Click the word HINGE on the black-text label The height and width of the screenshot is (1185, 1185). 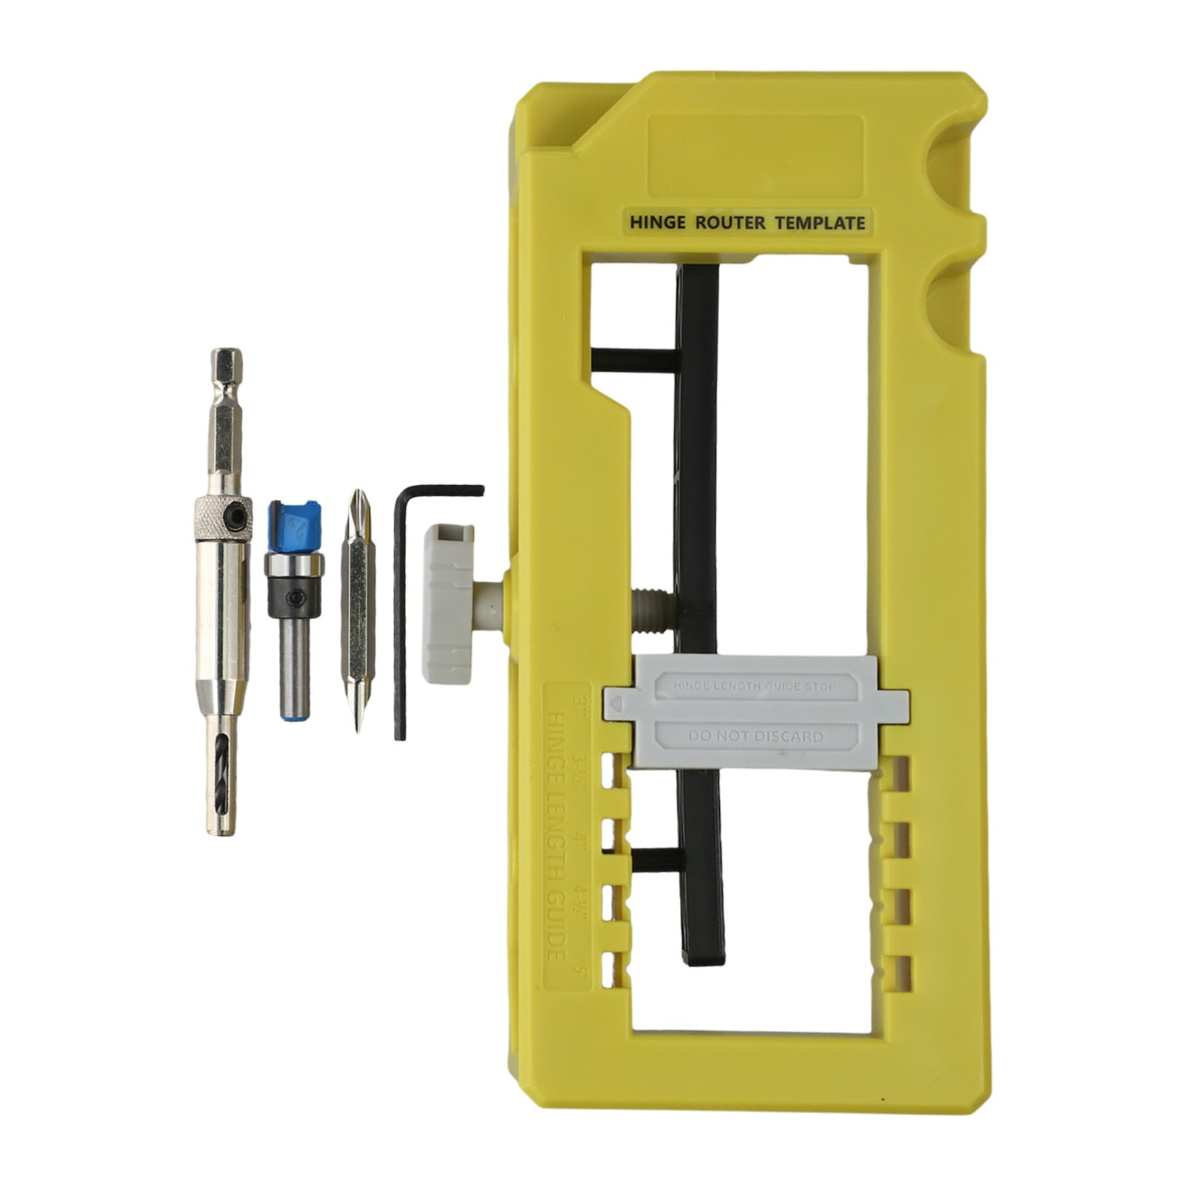pos(657,222)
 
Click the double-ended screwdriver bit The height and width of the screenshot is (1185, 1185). pos(358,607)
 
